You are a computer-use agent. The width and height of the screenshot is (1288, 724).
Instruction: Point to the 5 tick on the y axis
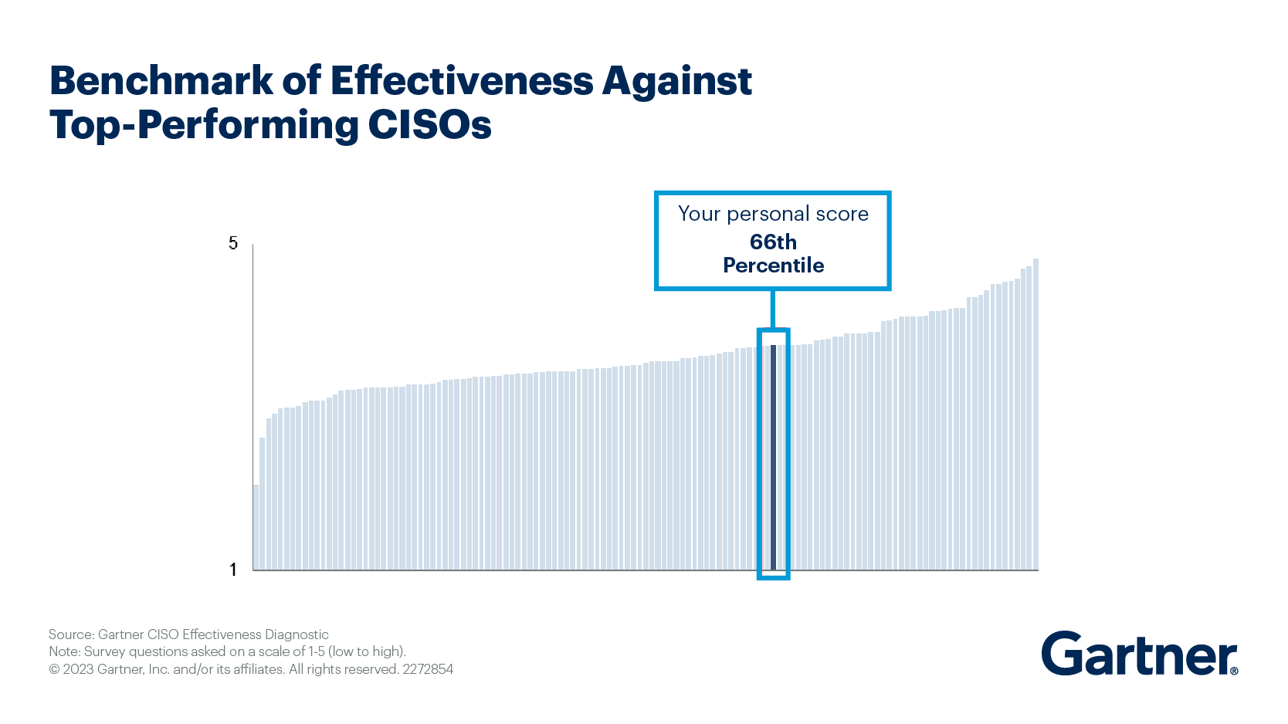tap(233, 244)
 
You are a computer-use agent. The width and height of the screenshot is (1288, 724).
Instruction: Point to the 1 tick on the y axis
tap(233, 570)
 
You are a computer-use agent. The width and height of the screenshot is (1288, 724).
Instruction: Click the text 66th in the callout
tap(773, 242)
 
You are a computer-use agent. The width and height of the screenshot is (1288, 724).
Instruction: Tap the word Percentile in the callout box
tap(773, 266)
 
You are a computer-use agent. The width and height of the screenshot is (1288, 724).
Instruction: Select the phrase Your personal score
tap(773, 214)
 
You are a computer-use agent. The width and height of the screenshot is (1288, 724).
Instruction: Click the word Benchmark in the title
tap(161, 80)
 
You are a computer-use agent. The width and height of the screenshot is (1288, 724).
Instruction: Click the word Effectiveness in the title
tap(462, 80)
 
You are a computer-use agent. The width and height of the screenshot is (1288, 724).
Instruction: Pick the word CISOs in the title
tap(429, 125)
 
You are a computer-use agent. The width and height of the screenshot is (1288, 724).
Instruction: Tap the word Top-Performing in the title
tap(204, 125)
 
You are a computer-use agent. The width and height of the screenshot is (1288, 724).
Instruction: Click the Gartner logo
tap(1137, 655)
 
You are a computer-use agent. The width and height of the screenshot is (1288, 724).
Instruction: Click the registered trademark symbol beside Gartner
tap(1234, 671)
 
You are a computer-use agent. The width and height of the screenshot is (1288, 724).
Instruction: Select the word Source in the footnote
tap(70, 634)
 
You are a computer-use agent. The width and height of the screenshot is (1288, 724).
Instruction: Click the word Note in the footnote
tap(63, 651)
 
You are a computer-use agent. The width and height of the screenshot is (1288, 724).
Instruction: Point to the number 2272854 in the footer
tap(428, 669)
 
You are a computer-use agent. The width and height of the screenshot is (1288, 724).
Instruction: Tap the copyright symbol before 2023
tap(54, 669)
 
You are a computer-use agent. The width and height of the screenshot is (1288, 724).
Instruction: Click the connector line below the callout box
tap(773, 309)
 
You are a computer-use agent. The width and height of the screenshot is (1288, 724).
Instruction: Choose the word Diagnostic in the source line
tap(297, 634)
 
